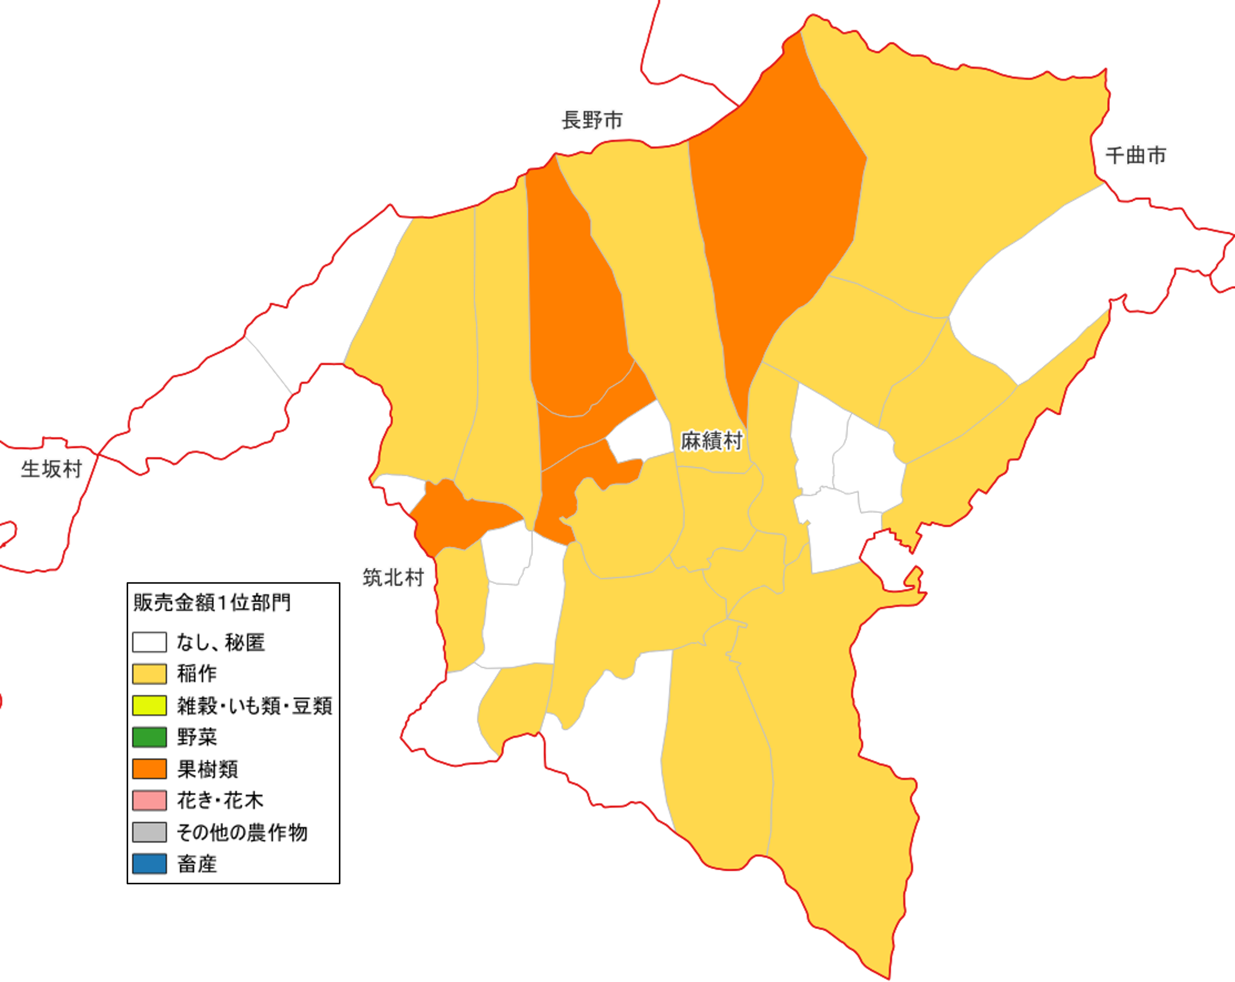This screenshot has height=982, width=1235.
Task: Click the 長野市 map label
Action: click(592, 120)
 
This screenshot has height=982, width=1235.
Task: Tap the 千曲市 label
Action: click(1135, 155)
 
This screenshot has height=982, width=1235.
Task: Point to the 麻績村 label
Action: click(712, 441)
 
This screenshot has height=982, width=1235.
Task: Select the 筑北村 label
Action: click(393, 577)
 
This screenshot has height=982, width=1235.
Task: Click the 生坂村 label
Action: click(51, 469)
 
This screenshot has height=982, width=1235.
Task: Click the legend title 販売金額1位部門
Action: click(212, 603)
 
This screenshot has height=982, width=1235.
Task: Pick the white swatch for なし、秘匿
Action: click(150, 642)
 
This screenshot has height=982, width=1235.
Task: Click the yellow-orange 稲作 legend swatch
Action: click(150, 674)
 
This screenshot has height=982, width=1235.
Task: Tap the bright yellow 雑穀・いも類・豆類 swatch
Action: click(150, 705)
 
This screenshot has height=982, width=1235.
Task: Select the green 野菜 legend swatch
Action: click(150, 737)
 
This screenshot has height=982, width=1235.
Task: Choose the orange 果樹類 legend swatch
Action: click(150, 769)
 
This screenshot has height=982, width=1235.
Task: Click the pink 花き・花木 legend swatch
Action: click(150, 800)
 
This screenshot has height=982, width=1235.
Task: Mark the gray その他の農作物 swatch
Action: click(150, 832)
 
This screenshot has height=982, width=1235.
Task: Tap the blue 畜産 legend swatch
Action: click(150, 863)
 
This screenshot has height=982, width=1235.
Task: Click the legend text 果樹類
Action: click(208, 769)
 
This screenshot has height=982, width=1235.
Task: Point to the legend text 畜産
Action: click(197, 864)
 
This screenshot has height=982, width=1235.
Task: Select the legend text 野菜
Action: click(197, 737)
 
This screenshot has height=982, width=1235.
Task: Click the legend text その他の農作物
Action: click(242, 832)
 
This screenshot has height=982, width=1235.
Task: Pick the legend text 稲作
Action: click(197, 674)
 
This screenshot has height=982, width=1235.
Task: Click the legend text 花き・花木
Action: click(220, 801)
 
